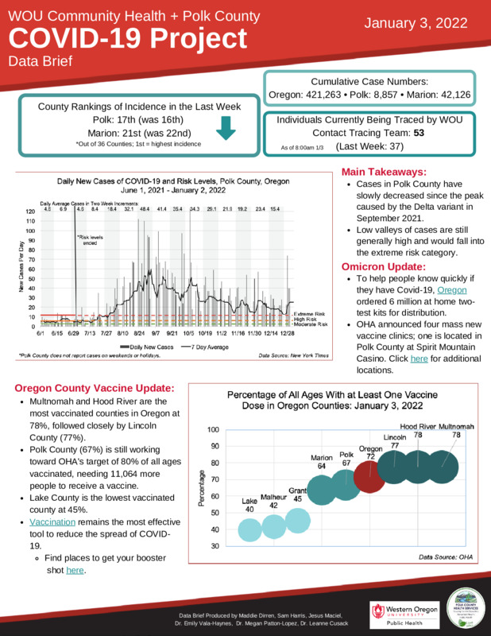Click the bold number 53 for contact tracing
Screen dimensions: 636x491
(430, 133)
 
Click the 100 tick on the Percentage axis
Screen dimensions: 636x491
(212, 429)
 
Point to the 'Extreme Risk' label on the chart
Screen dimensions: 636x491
(309, 315)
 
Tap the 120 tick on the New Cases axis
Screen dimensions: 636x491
(29, 211)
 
